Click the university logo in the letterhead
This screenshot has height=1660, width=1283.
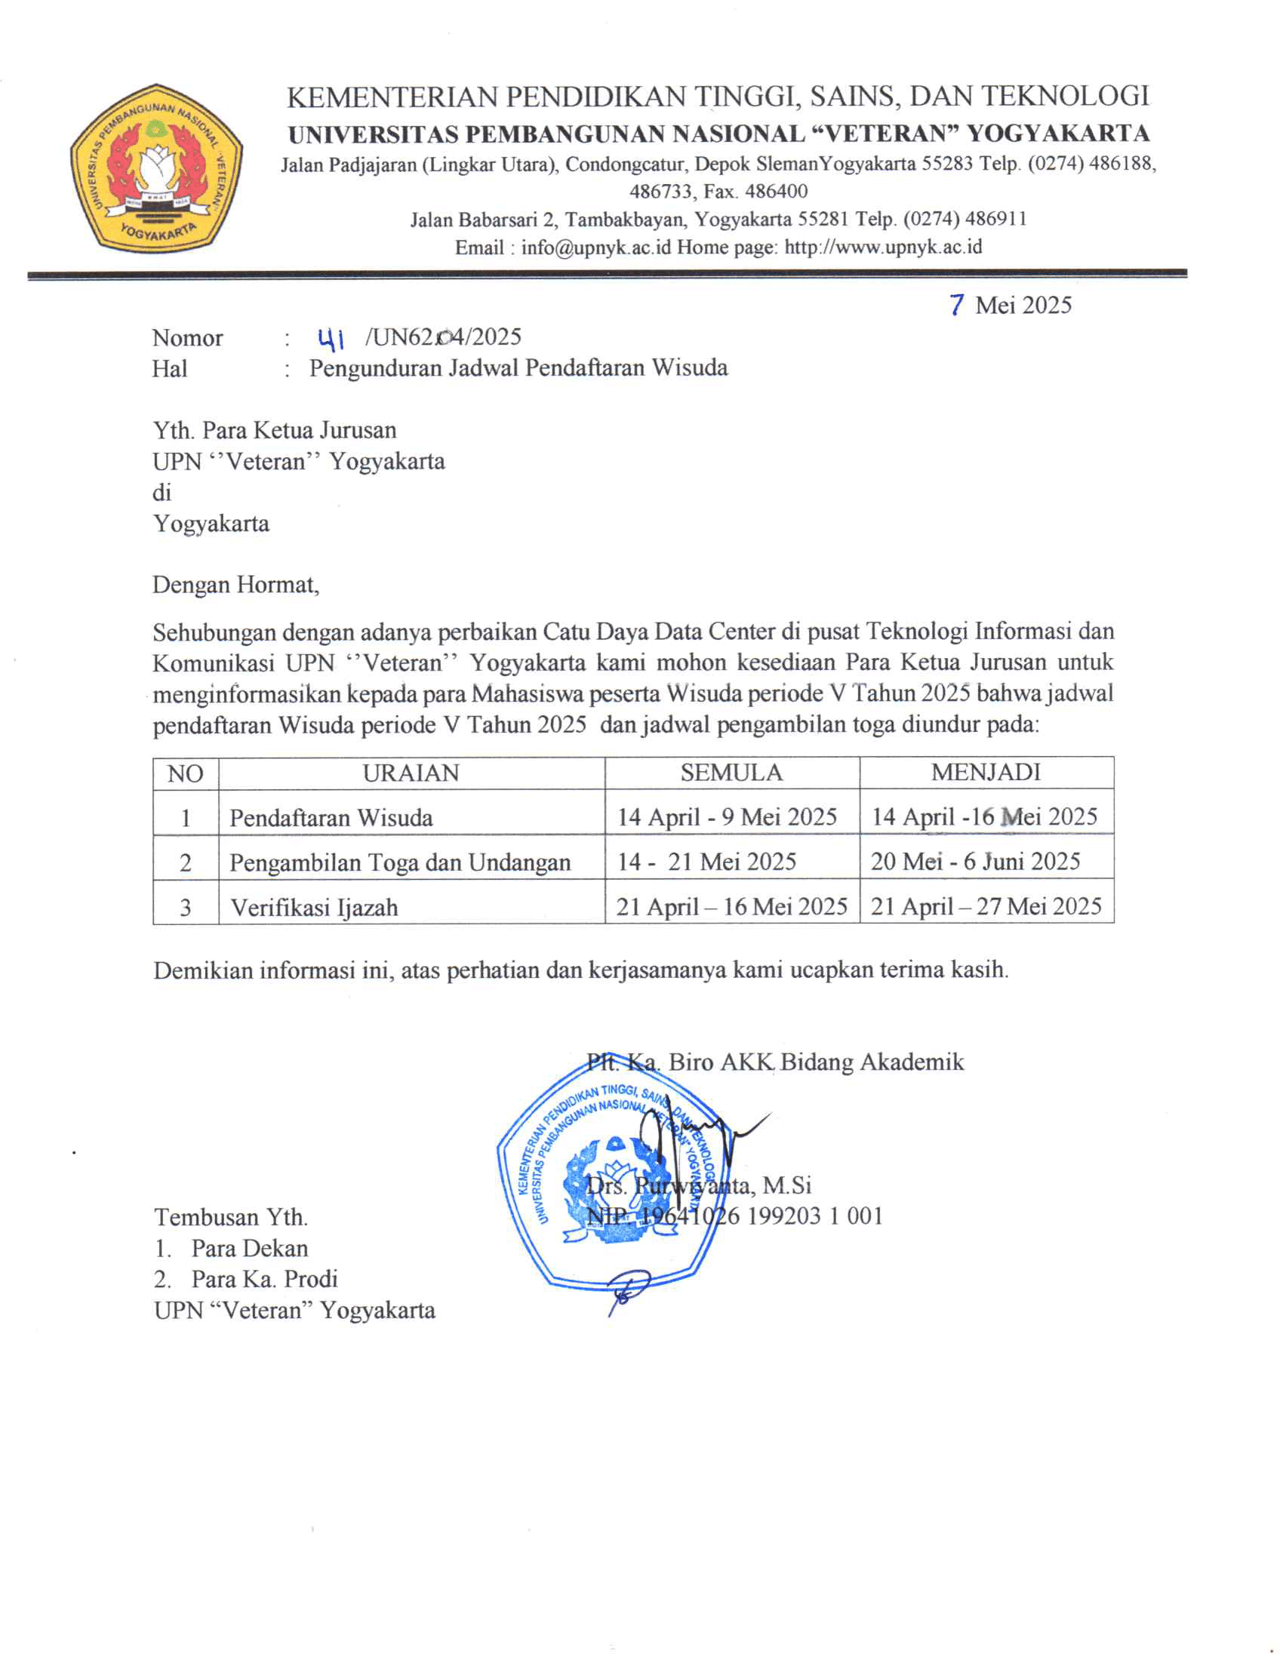tap(156, 169)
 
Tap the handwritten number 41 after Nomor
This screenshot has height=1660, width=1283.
tap(331, 337)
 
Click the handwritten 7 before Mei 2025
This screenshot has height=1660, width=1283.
tap(957, 305)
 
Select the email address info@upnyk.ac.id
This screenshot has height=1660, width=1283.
tap(596, 247)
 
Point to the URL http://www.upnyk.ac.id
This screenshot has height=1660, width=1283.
tap(883, 247)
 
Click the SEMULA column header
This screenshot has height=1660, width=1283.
tap(731, 773)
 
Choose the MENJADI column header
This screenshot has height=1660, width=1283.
tap(986, 772)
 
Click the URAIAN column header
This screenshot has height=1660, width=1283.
tap(411, 773)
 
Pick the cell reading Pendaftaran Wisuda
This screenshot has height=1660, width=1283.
tap(331, 818)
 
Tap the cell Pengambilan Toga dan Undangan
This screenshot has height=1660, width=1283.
tap(400, 862)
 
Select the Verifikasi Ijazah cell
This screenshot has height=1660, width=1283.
tap(314, 908)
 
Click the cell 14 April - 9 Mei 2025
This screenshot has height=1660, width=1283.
tap(727, 817)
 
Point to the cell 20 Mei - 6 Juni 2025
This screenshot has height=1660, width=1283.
tap(975, 862)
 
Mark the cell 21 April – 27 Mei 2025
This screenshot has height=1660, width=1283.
tap(986, 907)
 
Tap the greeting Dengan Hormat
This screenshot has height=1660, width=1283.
tap(235, 586)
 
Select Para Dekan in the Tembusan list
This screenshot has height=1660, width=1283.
tap(249, 1248)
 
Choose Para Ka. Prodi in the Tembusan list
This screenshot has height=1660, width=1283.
tap(263, 1279)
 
